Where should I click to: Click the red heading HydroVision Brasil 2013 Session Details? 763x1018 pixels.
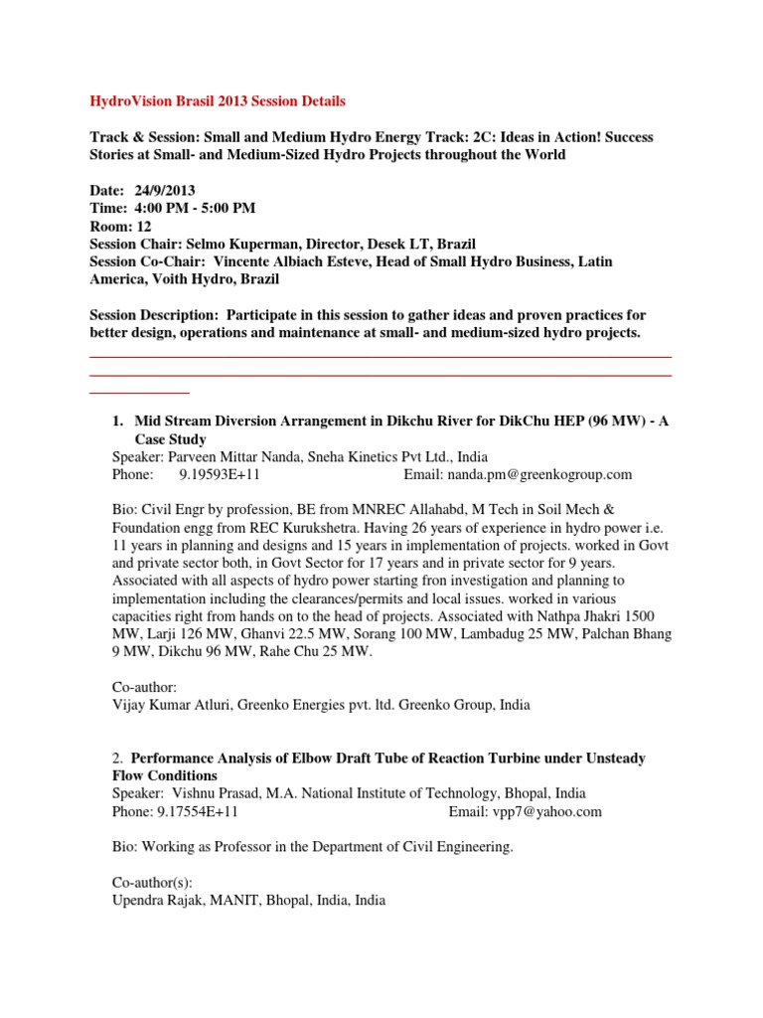pos(218,101)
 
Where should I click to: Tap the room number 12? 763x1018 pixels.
pos(144,226)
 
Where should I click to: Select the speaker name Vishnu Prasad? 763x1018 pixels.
pos(216,793)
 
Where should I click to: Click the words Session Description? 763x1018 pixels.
pos(150,314)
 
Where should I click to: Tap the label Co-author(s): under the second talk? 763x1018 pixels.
pos(141,882)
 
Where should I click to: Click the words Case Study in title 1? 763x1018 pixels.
pos(171,438)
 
